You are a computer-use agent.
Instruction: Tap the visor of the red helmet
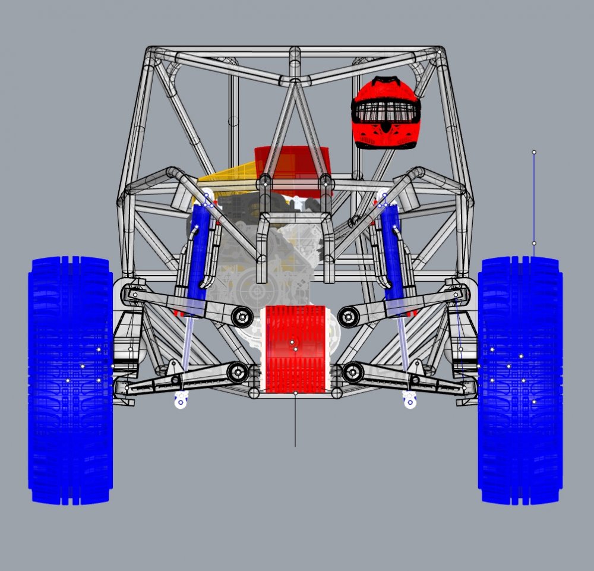point(386,111)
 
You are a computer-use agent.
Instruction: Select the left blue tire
point(70,380)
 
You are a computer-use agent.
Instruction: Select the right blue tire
point(520,380)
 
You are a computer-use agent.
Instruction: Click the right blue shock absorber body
point(392,250)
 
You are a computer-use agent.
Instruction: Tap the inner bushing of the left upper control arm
point(242,317)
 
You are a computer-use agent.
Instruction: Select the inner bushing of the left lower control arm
point(238,373)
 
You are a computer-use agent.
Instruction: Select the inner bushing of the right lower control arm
point(353,373)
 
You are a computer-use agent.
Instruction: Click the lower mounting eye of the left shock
point(180,402)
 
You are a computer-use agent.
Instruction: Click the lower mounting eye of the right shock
point(409,402)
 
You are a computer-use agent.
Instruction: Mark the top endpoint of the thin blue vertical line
point(534,153)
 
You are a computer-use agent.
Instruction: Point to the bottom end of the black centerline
point(295,446)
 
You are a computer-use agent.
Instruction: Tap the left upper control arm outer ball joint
point(135,294)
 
